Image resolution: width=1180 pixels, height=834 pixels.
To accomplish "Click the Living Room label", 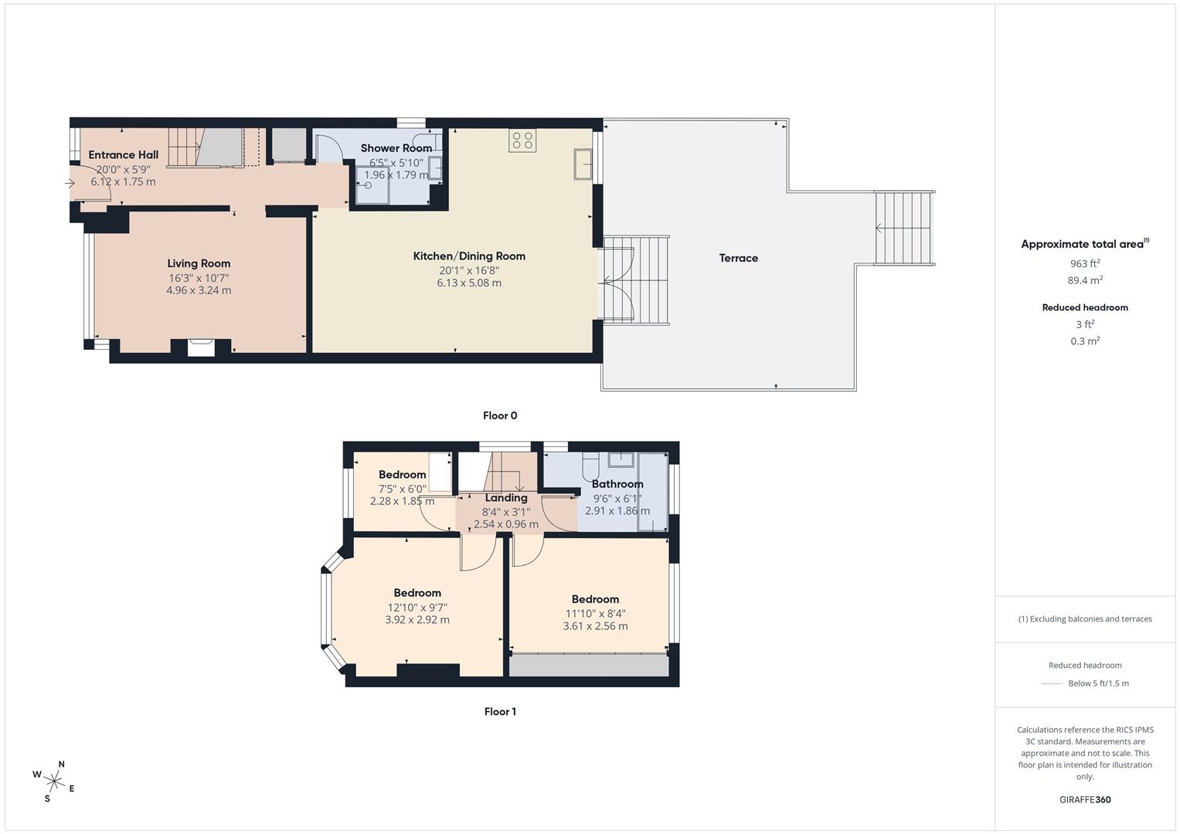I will coord(199,263).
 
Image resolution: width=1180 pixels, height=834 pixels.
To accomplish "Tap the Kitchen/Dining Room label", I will coord(469,256).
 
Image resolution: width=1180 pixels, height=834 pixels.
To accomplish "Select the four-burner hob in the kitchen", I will coord(522,141).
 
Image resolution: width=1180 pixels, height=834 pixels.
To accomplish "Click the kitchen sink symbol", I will coord(583,164).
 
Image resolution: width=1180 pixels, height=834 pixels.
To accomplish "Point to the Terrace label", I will coord(738,258).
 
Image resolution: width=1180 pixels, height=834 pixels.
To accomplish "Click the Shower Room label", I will coord(396,148).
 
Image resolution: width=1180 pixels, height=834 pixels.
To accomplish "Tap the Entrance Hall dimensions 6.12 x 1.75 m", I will coord(123,182).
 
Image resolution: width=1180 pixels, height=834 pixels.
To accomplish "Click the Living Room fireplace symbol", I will coord(201,347).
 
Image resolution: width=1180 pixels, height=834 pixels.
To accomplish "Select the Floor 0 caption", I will coord(500,415).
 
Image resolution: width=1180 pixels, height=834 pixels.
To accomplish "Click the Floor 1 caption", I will coord(500,711).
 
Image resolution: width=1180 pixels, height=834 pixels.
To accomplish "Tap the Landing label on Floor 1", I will coord(505,498).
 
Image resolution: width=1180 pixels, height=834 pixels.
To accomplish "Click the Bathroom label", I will coord(617,484).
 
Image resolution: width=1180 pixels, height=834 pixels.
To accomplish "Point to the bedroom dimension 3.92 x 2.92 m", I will coord(417,619).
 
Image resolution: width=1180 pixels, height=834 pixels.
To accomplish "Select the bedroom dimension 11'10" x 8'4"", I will coord(595,613).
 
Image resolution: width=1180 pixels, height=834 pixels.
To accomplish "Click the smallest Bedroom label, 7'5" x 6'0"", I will coord(402,475).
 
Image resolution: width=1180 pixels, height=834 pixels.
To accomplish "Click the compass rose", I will coord(54,781).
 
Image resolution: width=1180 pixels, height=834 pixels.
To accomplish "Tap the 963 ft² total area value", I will coord(1085,263).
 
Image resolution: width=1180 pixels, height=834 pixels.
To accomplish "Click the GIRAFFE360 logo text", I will coord(1085,799).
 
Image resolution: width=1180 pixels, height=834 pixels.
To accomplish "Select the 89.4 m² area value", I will coord(1085,280).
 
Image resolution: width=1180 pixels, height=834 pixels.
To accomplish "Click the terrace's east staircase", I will coord(903,228).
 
